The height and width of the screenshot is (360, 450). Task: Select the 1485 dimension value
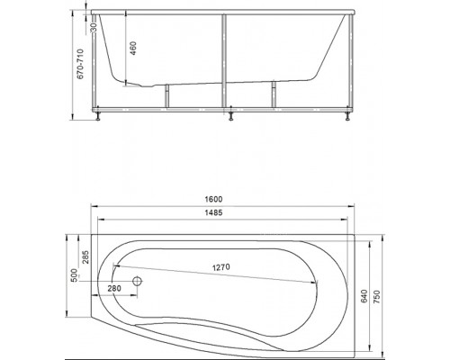[x=225, y=213]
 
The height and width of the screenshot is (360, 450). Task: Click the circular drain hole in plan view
[x=138, y=281]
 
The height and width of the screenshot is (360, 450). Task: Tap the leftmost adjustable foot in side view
[x=96, y=114]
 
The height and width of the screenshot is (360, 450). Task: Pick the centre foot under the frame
[x=232, y=114]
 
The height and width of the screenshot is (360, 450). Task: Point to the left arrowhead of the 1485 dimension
[x=99, y=219]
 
